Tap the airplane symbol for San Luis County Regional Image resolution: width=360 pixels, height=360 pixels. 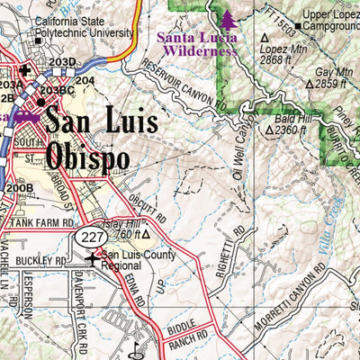tap(94, 260)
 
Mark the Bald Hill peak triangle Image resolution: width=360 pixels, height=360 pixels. tap(269, 130)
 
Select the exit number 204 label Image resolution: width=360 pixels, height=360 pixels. tap(85, 81)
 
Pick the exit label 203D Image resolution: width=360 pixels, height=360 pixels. tap(61, 62)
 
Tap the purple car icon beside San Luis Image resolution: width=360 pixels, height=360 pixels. tap(29, 118)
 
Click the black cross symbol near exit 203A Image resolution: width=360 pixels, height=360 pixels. tap(24, 69)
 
